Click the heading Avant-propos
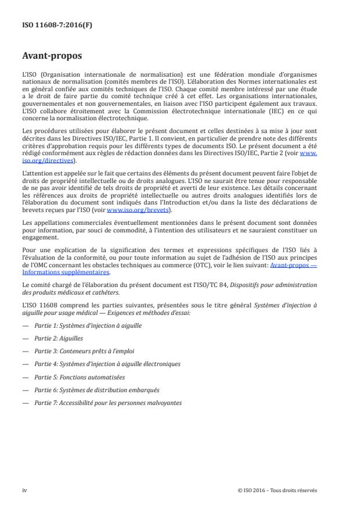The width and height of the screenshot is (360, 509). [52, 58]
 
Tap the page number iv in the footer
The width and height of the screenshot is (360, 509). [24, 490]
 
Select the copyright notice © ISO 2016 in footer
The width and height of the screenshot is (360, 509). [278, 490]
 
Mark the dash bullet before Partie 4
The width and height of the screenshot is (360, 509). [24, 364]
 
